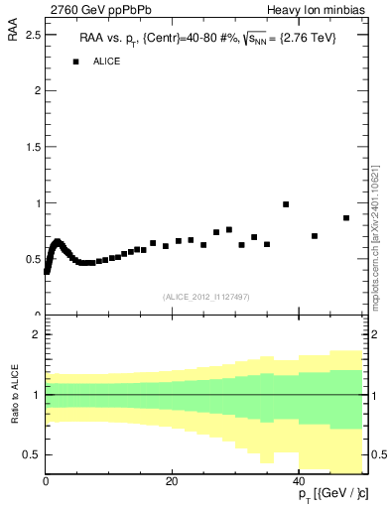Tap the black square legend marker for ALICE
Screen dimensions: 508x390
click(x=75, y=62)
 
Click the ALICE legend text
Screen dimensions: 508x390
click(x=107, y=62)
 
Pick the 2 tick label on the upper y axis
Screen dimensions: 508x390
click(x=37, y=90)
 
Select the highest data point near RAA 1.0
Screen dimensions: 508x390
click(x=286, y=204)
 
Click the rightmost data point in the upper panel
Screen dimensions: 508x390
click(x=346, y=218)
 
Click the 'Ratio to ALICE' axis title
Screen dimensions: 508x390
click(x=14, y=395)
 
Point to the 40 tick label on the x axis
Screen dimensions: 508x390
click(x=301, y=481)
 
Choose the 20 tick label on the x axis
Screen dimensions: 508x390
click(x=173, y=481)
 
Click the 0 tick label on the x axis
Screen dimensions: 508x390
click(x=46, y=481)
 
